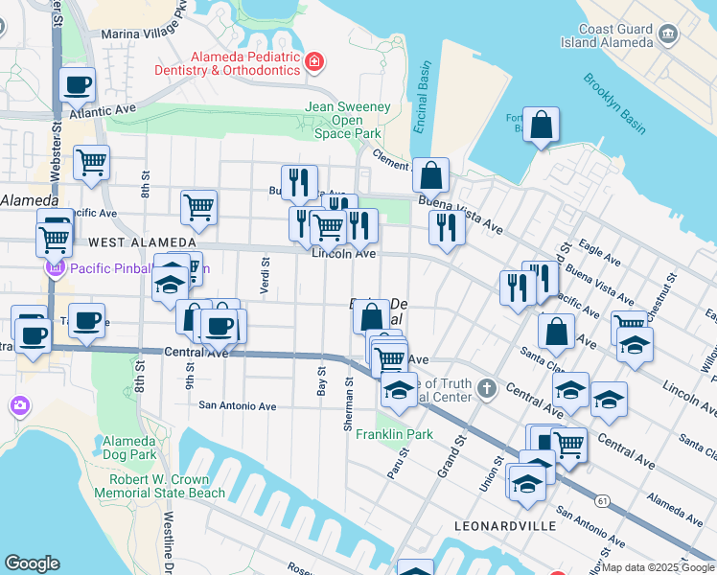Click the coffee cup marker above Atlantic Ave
click(x=78, y=84)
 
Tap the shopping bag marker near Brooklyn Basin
click(x=541, y=126)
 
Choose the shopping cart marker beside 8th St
click(x=91, y=164)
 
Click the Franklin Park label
click(x=394, y=434)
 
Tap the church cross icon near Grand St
click(x=487, y=388)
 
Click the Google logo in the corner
click(x=32, y=563)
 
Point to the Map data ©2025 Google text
click(x=658, y=567)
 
